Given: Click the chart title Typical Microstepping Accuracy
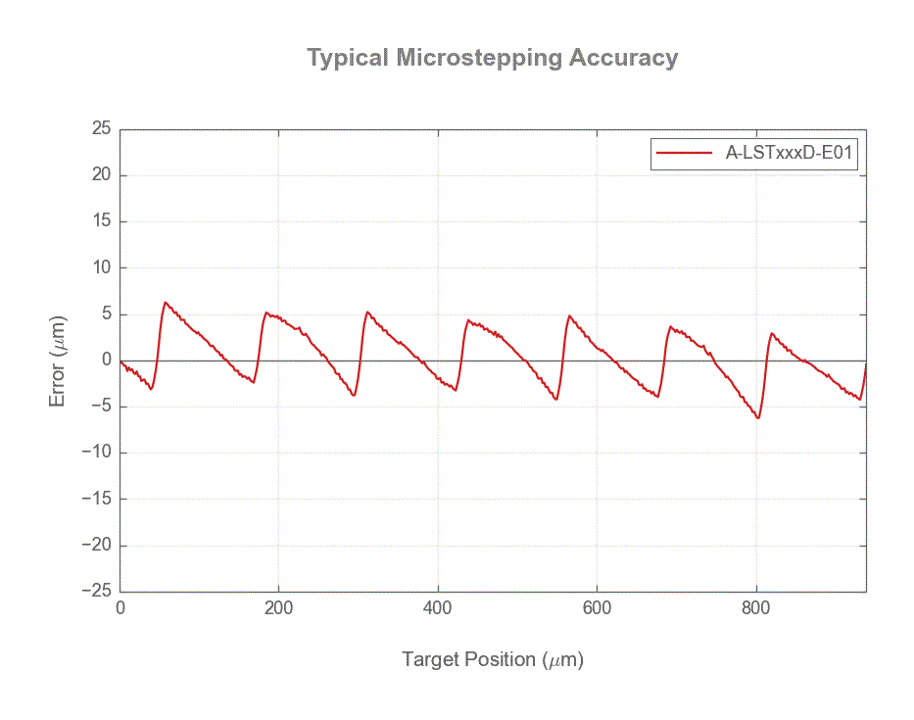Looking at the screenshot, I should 492,58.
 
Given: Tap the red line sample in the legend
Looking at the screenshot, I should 684,153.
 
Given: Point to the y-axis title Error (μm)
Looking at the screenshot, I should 59,360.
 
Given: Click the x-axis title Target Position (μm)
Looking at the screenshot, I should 492,659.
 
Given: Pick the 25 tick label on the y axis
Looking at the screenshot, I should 101,129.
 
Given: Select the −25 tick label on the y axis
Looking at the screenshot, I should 95,592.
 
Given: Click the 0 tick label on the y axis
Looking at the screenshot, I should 106,360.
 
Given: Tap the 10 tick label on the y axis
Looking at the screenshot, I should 101,268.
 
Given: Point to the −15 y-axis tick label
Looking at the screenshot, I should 95,500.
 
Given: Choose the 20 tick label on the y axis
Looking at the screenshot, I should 101,175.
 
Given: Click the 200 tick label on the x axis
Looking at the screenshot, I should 279,608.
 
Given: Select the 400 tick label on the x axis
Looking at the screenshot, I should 438,608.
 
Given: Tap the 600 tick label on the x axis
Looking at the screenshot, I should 597,608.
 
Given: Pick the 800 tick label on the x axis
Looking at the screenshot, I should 756,608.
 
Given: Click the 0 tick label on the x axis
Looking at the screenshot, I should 120,608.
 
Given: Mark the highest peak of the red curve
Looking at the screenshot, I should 166,303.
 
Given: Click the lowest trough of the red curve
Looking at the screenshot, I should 758,418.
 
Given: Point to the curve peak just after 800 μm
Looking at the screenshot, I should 772,333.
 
